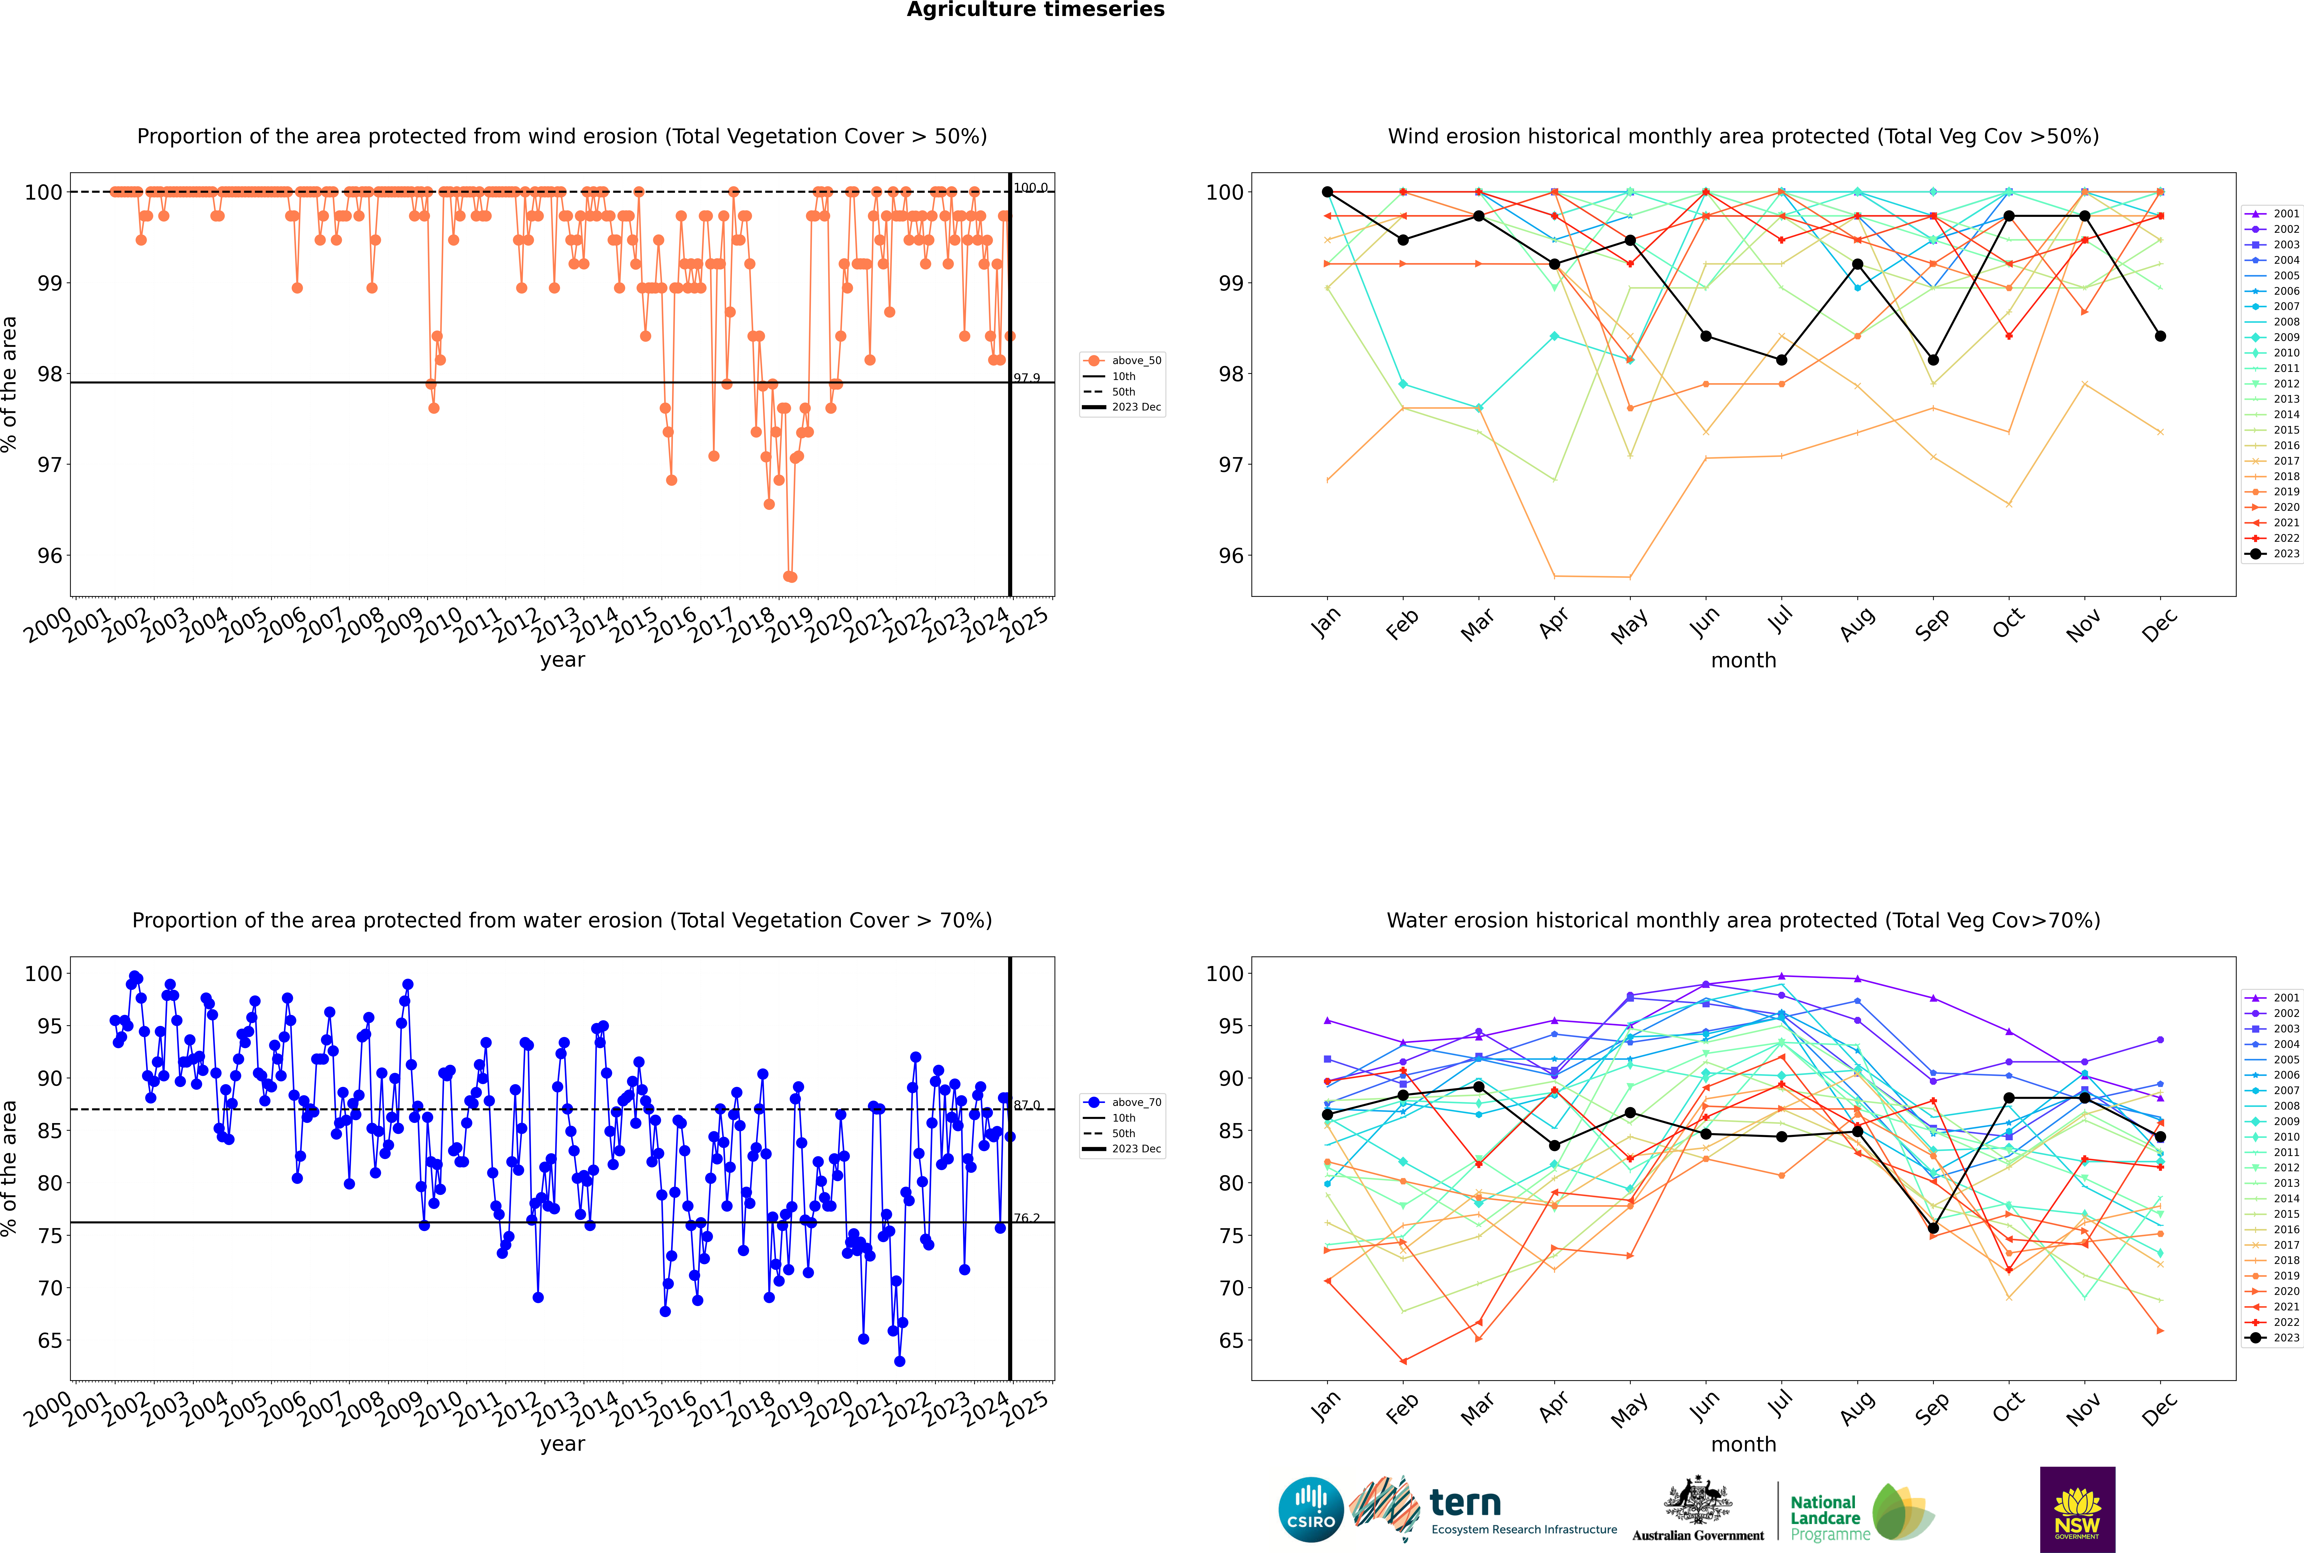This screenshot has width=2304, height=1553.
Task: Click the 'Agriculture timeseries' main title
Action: tap(1035, 10)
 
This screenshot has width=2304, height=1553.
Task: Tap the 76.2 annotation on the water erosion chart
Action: tap(1026, 1218)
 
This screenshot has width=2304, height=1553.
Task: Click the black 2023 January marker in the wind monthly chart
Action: tap(1327, 192)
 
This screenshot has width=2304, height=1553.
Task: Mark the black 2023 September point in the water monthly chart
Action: tap(1933, 1228)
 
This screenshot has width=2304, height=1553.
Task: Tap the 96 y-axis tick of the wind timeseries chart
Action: tap(49, 556)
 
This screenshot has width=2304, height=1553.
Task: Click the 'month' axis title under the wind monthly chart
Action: tap(1743, 661)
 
